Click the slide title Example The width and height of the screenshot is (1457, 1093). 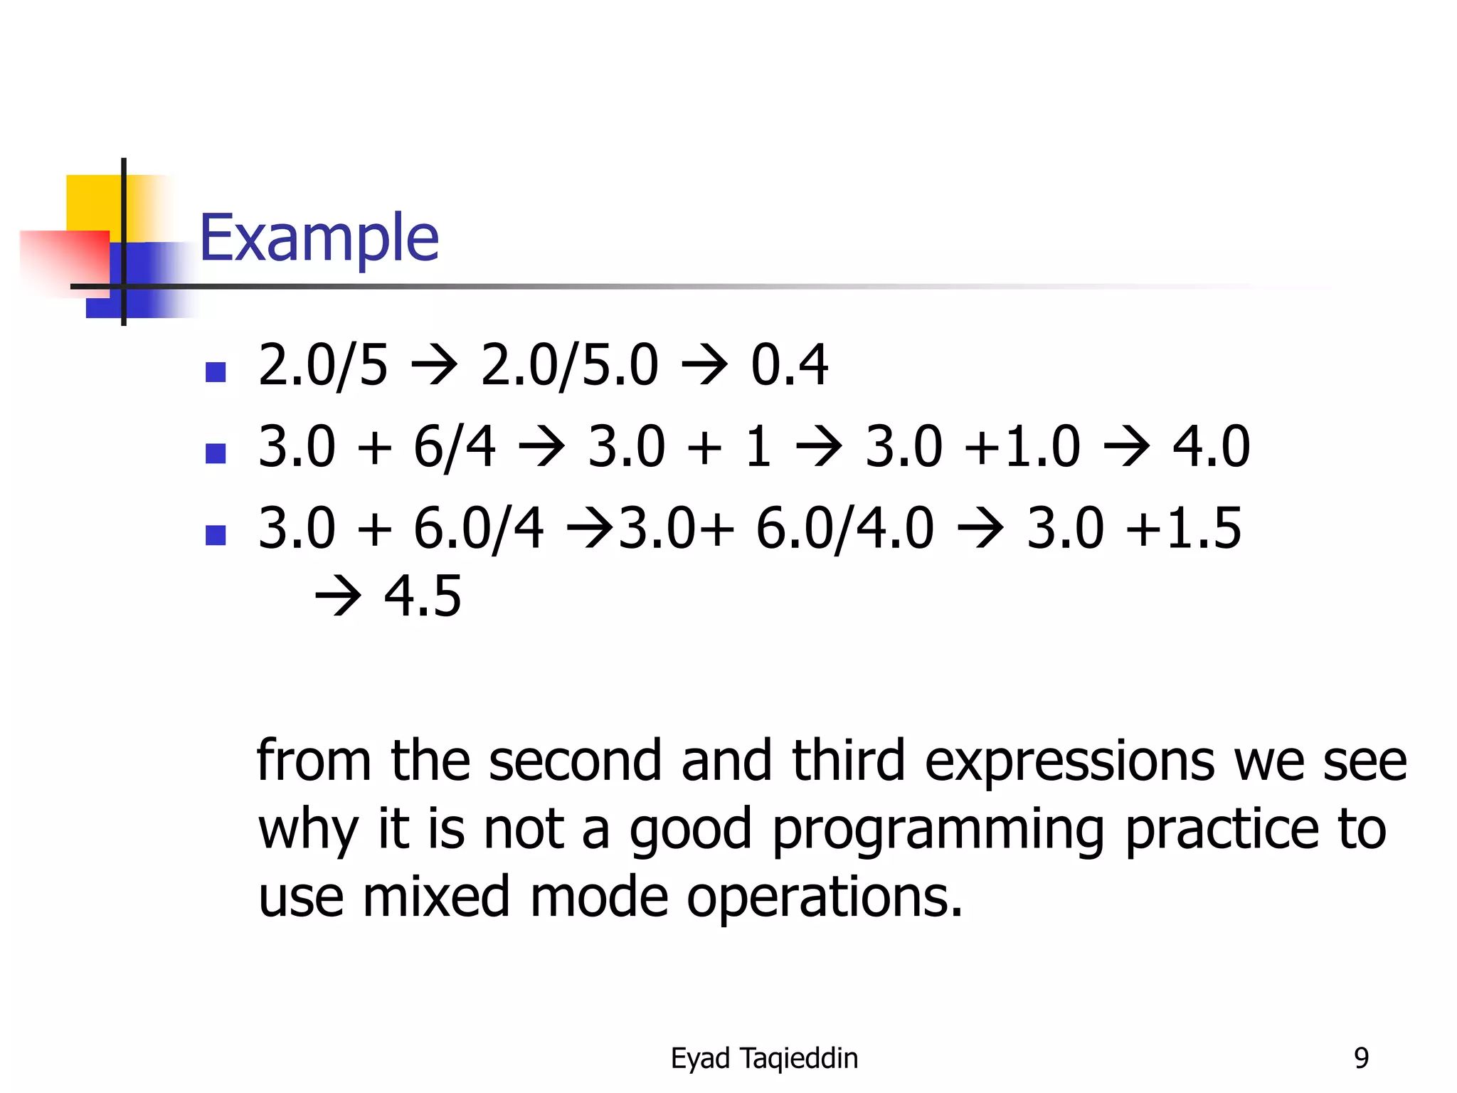click(x=319, y=238)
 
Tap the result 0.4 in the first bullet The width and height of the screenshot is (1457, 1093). click(x=789, y=365)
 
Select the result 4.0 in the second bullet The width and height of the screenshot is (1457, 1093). click(x=1211, y=447)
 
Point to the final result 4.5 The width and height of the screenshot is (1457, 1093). click(x=423, y=596)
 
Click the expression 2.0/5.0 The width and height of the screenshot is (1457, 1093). click(x=569, y=365)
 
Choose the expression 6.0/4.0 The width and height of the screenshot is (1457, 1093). click(x=844, y=529)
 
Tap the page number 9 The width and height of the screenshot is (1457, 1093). click(x=1361, y=1058)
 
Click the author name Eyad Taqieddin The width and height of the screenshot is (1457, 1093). click(x=764, y=1058)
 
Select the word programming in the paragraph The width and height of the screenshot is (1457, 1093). click(x=938, y=830)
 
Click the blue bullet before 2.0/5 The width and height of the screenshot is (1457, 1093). click(x=216, y=371)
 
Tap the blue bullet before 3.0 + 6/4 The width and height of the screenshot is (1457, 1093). click(x=216, y=453)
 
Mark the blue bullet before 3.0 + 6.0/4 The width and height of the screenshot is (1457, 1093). click(x=216, y=535)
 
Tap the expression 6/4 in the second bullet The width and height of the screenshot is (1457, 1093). click(x=454, y=447)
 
